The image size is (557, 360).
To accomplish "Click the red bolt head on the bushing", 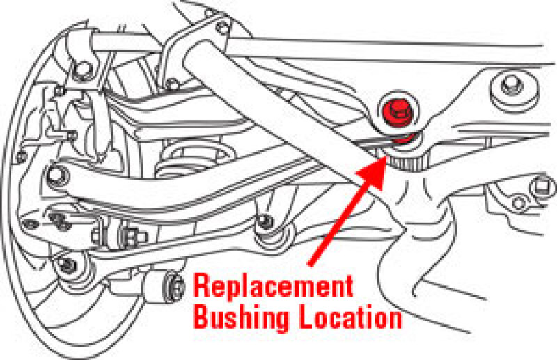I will pyautogui.click(x=397, y=109).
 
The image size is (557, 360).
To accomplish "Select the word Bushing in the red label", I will pyautogui.click(x=235, y=318).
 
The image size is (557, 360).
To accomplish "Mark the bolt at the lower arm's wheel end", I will pyautogui.click(x=65, y=263).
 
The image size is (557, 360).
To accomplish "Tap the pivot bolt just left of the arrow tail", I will pyautogui.click(x=264, y=223).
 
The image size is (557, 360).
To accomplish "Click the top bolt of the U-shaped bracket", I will pyautogui.click(x=223, y=29).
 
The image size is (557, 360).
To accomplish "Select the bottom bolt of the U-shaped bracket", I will pyautogui.click(x=171, y=85).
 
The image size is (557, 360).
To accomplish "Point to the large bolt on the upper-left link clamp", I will pyautogui.click(x=83, y=70).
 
